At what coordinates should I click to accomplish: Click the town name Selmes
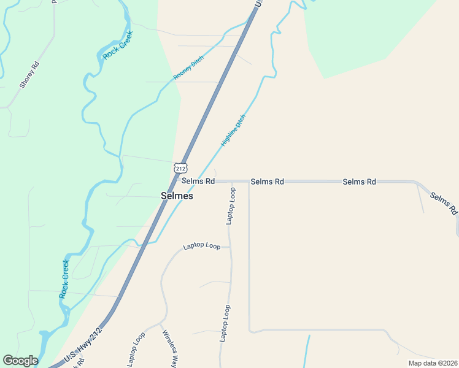[177, 196]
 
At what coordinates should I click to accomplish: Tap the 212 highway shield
[180, 167]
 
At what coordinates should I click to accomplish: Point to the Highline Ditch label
[233, 130]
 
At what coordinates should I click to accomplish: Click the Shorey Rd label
[29, 75]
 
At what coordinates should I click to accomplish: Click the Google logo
[20, 361]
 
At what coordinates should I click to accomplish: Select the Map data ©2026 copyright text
[433, 363]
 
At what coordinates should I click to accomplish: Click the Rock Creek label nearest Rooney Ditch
[118, 45]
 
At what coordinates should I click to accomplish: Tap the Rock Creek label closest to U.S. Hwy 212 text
[64, 279]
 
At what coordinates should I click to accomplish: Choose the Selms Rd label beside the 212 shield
[198, 182]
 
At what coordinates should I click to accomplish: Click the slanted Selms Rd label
[444, 203]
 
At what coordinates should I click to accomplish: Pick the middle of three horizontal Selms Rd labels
[268, 182]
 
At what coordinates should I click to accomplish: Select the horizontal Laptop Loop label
[202, 246]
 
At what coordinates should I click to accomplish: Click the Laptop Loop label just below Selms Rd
[231, 206]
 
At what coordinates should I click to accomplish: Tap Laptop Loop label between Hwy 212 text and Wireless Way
[136, 350]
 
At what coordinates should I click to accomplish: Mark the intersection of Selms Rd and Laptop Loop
[233, 182]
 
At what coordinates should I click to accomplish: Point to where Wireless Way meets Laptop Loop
[161, 322]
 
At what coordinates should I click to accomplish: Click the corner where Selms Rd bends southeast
[415, 182]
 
